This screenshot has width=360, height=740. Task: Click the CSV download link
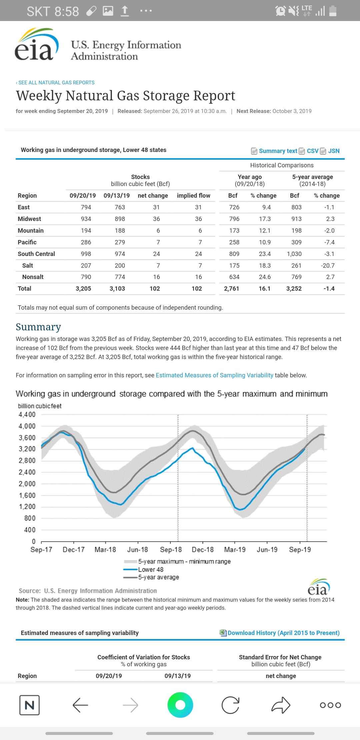[x=312, y=151]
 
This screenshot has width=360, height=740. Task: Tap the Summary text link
[x=278, y=151]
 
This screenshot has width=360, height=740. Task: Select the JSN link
[x=333, y=151]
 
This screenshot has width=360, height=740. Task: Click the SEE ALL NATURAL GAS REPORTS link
[x=56, y=83]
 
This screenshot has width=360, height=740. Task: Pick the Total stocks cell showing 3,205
[x=83, y=289]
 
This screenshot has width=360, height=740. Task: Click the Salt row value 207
[x=86, y=266]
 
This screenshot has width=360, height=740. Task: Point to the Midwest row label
[x=29, y=219]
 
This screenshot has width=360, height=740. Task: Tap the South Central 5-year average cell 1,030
[x=294, y=254]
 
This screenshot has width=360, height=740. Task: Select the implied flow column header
[x=193, y=196]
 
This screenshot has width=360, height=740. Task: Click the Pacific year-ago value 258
[x=234, y=242]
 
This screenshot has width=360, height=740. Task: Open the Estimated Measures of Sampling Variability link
[x=214, y=375]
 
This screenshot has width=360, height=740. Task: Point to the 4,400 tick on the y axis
[x=27, y=415]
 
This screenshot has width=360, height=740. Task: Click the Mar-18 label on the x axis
[x=105, y=550]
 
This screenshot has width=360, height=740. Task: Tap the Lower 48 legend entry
[x=150, y=570]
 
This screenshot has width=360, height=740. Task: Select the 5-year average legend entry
[x=158, y=577]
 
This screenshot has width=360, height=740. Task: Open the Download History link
[x=283, y=633]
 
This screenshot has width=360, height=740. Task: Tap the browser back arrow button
[x=80, y=705]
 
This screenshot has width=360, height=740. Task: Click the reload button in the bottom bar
[x=230, y=705]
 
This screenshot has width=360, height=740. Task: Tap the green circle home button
[x=180, y=705]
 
